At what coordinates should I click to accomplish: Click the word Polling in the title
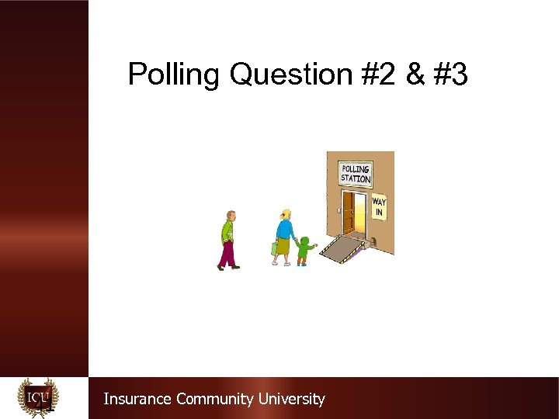coord(174,75)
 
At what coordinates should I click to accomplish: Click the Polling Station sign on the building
coord(356,174)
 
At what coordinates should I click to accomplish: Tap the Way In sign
coord(379,207)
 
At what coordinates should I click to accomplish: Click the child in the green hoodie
coord(304,250)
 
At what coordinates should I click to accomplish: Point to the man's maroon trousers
coord(227,254)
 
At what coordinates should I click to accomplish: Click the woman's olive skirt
coord(284,248)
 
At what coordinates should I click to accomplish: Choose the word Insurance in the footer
coord(138,399)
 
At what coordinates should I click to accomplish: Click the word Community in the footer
coord(215,399)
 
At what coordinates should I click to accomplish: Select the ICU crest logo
coord(38,397)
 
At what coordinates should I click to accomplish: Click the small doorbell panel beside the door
coord(339,209)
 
